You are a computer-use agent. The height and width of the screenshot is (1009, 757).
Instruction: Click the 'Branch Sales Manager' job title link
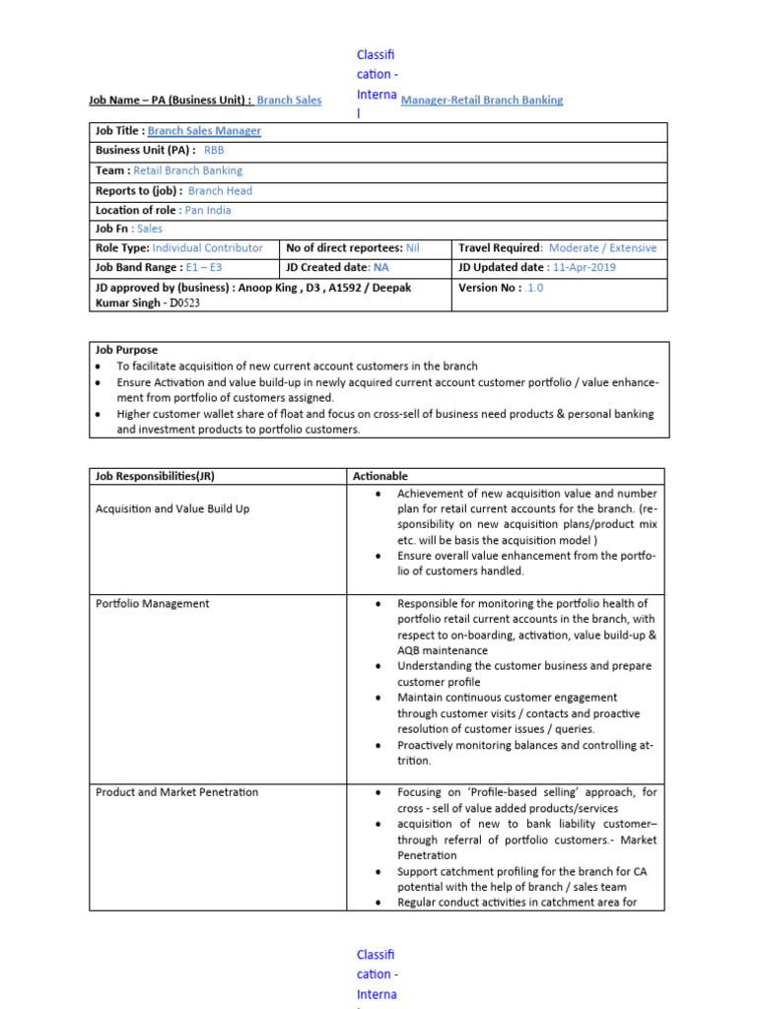click(204, 131)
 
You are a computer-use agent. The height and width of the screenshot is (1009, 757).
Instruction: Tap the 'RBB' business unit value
click(214, 151)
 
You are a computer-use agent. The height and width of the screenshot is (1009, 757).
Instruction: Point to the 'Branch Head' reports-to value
click(220, 190)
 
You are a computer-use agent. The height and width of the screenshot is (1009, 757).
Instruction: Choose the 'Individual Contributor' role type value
click(208, 248)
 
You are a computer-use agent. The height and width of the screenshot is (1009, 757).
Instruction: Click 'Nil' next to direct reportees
click(412, 248)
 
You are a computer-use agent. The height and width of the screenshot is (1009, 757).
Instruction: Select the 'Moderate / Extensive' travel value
click(602, 248)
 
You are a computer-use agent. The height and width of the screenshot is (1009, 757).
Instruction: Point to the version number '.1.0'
click(533, 288)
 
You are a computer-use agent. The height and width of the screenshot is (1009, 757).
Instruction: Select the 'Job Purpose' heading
click(126, 350)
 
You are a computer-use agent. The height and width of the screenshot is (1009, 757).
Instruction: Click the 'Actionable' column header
click(379, 476)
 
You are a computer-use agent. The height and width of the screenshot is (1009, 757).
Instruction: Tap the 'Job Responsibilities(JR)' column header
click(155, 476)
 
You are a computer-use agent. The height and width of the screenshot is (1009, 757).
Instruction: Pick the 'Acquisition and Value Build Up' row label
click(172, 508)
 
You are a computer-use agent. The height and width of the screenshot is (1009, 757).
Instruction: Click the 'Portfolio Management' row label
click(152, 603)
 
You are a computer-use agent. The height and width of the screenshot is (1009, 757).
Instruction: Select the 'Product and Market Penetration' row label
click(176, 792)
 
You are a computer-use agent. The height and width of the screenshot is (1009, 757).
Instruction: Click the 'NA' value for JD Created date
click(381, 267)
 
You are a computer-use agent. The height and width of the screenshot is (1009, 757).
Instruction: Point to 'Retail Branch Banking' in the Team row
click(189, 170)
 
